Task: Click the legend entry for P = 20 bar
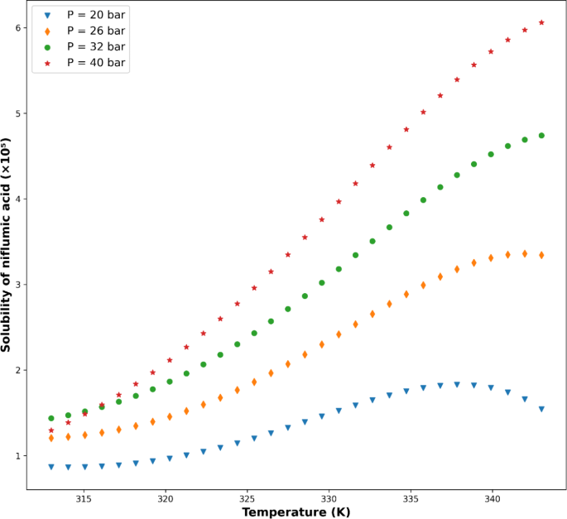tap(96, 15)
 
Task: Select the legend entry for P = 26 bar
tap(96, 31)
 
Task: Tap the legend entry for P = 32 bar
tap(96, 46)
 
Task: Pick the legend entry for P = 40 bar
tap(96, 63)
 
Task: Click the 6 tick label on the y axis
tap(16, 28)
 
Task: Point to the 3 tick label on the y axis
tap(16, 285)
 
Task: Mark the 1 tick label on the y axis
tap(16, 456)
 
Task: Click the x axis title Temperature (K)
tap(296, 512)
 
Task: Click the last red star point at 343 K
tap(541, 22)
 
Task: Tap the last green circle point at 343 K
tap(541, 136)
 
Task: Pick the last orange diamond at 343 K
tap(541, 255)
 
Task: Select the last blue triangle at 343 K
tap(541, 409)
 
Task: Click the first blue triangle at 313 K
tap(51, 467)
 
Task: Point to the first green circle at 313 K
tap(51, 418)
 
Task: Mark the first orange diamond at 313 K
tap(51, 438)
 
